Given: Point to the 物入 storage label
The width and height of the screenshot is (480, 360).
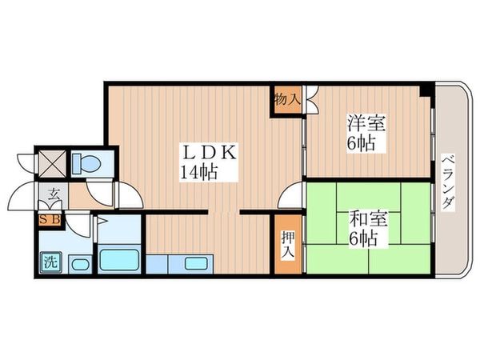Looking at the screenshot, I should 286,100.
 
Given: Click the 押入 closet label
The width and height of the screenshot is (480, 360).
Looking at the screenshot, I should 286,245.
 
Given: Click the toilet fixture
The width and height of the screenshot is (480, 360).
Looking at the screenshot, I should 83,164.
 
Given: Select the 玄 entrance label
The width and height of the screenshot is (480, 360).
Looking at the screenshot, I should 52,193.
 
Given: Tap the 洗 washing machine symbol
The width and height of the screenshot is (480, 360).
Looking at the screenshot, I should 50,261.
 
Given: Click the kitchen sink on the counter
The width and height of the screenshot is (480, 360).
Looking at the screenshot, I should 194,262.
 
